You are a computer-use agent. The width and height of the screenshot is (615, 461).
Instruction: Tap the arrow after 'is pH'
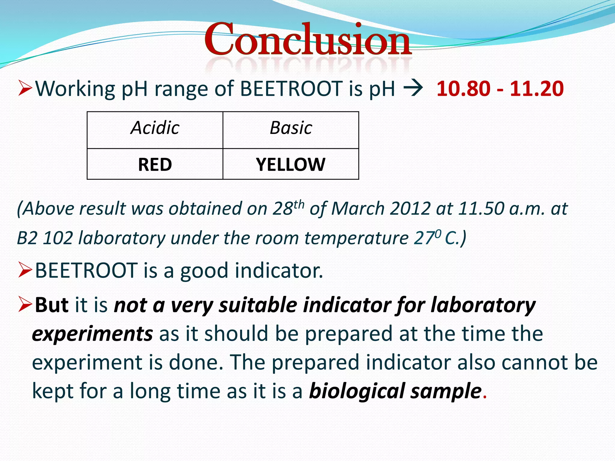(413, 88)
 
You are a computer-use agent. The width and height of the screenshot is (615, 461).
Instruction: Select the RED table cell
(155, 164)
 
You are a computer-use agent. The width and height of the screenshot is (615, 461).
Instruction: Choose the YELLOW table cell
(291, 164)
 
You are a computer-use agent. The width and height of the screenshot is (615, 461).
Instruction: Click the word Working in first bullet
(75, 89)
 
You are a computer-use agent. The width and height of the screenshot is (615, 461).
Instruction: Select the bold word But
(52, 305)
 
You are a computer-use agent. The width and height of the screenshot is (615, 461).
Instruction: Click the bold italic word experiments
(92, 334)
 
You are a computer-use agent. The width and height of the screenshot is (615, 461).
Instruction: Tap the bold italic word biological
(357, 391)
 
